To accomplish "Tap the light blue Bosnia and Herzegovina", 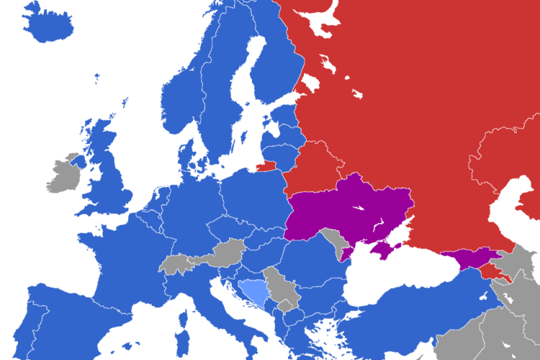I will coord(254,292).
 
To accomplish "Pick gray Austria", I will coord(227,252).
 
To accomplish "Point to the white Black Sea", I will coord(389,277).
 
